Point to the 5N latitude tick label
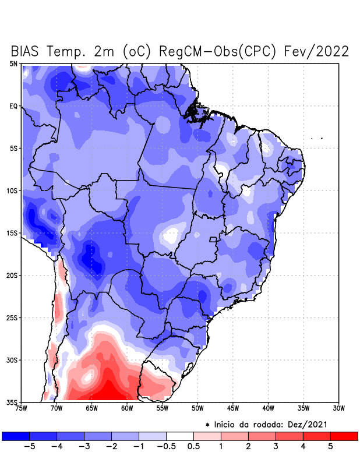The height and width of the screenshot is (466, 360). pyautogui.click(x=13, y=63)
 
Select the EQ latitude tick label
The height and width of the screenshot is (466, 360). pyautogui.click(x=13, y=106)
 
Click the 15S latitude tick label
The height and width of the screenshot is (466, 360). pyautogui.click(x=12, y=233)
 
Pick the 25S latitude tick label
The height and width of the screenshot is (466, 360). pyautogui.click(x=12, y=317)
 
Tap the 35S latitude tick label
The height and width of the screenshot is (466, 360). pyautogui.click(x=12, y=402)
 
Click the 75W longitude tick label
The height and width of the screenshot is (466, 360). pyautogui.click(x=21, y=409)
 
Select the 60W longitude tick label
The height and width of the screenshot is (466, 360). pyautogui.click(x=127, y=409)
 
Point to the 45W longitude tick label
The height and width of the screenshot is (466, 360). pyautogui.click(x=233, y=409)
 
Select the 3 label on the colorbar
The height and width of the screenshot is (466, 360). pyautogui.click(x=276, y=447)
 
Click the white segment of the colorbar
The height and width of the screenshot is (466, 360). pyautogui.click(x=179, y=436)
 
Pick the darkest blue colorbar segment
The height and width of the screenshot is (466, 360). pyautogui.click(x=15, y=436)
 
